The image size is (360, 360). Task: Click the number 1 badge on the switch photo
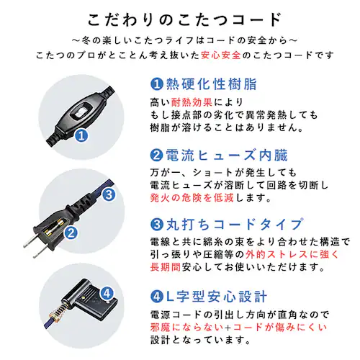point(81,135)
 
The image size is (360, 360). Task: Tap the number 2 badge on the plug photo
point(71,233)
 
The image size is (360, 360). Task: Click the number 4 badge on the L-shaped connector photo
point(107,293)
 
